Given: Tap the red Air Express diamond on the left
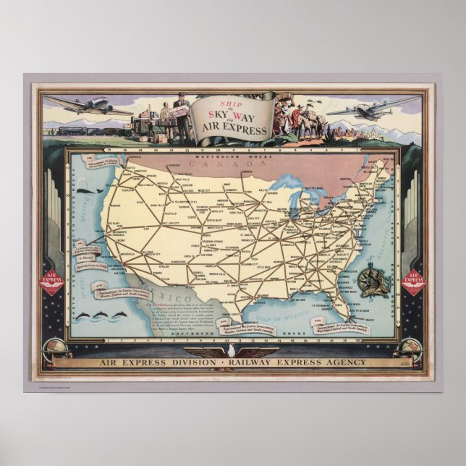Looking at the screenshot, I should coord(52,282).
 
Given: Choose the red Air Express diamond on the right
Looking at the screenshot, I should coord(414,282).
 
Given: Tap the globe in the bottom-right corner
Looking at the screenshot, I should coord(410,349).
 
